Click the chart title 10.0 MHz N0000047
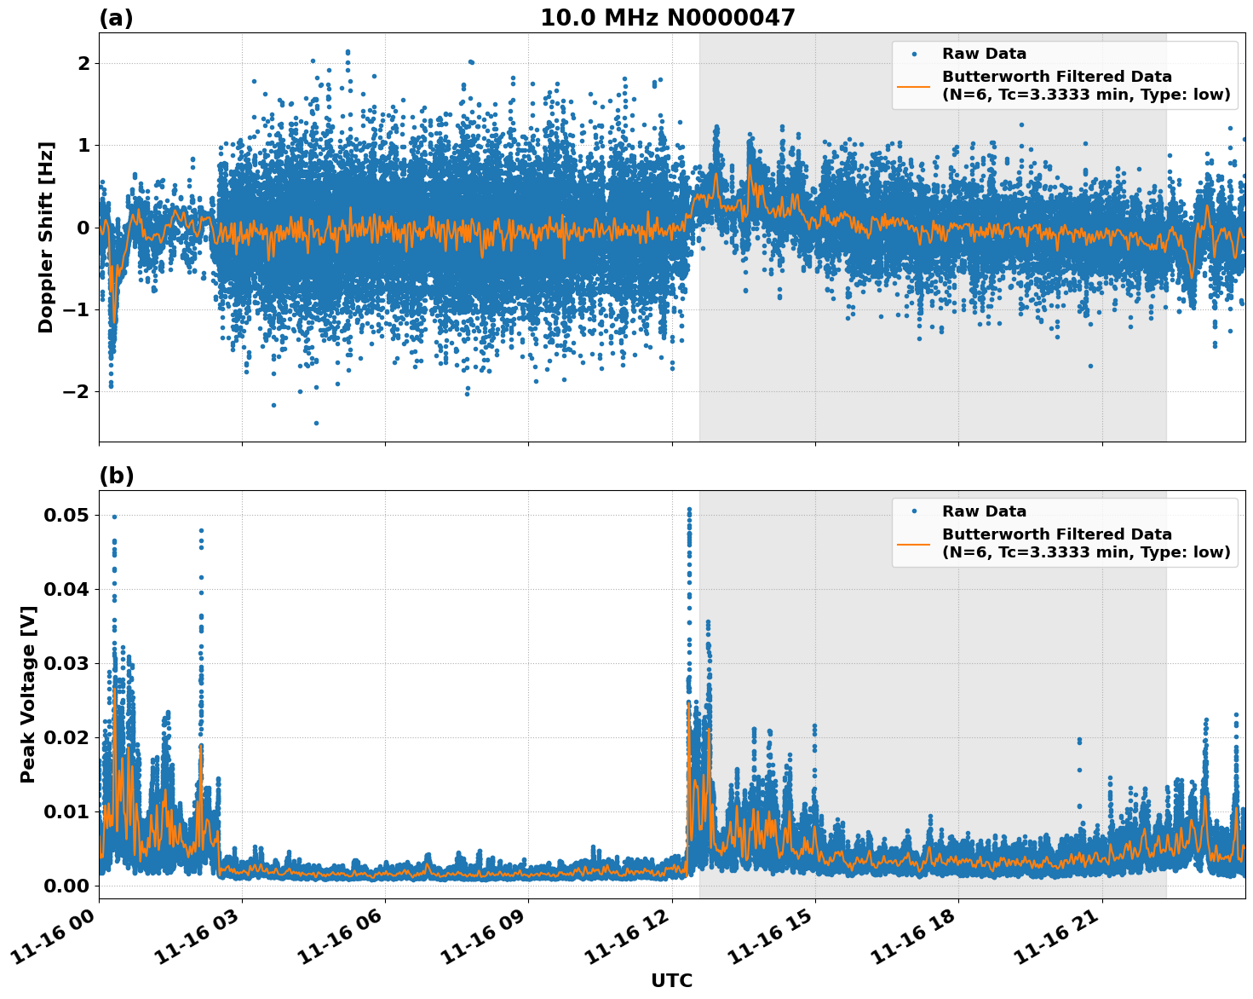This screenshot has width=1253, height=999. pos(667,18)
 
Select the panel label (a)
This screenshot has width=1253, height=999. pos(116,18)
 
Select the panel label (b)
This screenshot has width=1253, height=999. pos(116,476)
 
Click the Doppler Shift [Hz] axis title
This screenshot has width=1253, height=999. pos(46,237)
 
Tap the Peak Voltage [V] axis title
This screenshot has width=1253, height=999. pos(28,694)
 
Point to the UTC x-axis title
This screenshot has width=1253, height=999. pos(671,980)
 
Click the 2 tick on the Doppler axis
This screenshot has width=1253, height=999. pos(83,63)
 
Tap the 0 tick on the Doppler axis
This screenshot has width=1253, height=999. pos(83,228)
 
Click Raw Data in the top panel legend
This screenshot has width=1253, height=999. pos(984,55)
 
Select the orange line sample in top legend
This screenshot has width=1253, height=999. pos(914,86)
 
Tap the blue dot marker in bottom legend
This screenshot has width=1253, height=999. pos(914,511)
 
